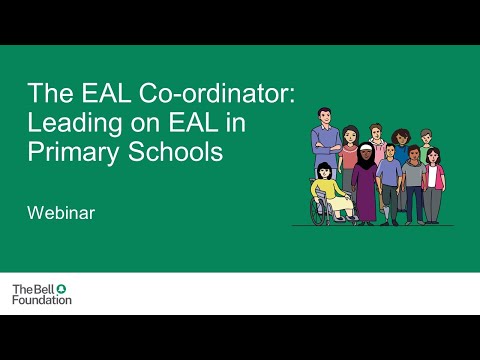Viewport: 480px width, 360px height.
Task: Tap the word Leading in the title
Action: pyautogui.click(x=69, y=127)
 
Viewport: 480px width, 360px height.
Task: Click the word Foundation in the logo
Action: pyautogui.click(x=41, y=299)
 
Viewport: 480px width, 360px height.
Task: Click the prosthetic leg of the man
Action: pyautogui.click(x=386, y=210)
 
